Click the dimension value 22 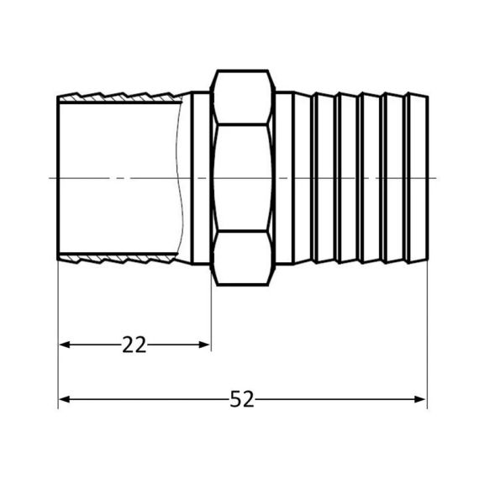click(x=134, y=345)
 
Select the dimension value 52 click(x=241, y=401)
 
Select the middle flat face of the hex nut click(x=244, y=178)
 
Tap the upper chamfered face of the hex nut click(x=244, y=98)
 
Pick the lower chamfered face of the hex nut click(x=244, y=258)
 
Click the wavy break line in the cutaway click(x=181, y=178)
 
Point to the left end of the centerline click(x=52, y=178)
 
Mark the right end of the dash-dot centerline click(x=437, y=178)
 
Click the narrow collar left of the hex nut click(x=201, y=178)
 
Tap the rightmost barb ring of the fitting click(x=418, y=178)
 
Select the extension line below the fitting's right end click(x=428, y=336)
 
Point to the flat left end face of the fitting click(x=58, y=178)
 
